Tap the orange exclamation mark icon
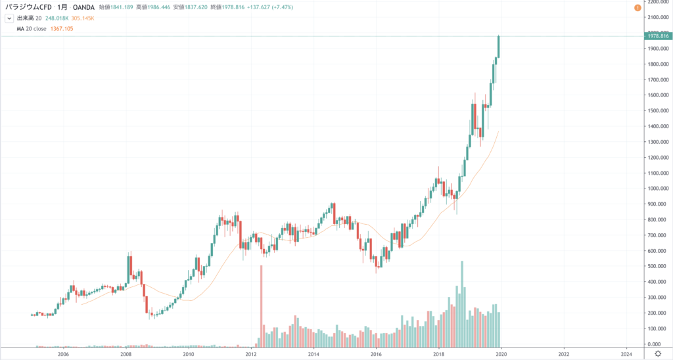point(637,7)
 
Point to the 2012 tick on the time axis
point(250,353)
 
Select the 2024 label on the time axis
point(626,353)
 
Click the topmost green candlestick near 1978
point(499,46)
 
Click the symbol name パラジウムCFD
point(29,7)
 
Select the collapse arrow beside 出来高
point(9,18)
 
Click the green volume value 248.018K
point(57,18)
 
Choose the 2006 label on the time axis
point(63,353)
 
